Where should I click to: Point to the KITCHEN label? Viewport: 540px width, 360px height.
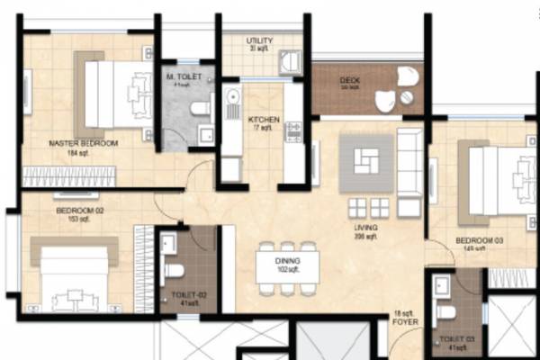click(264, 120)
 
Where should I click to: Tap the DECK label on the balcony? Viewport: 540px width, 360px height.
click(349, 81)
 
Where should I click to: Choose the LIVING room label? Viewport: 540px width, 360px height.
click(365, 228)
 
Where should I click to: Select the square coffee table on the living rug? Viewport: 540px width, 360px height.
click(366, 163)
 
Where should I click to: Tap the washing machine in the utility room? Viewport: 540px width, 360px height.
click(289, 61)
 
